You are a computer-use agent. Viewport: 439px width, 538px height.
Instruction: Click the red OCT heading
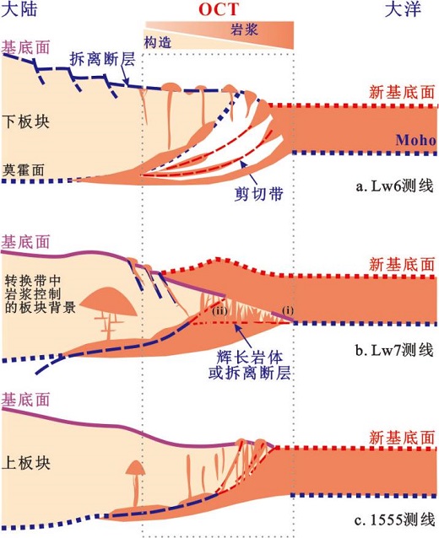[219, 9]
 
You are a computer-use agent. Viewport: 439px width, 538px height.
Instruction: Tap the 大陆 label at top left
[19, 9]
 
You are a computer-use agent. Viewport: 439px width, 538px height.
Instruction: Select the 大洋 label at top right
[403, 9]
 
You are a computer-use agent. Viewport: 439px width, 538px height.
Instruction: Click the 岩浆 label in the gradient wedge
[244, 30]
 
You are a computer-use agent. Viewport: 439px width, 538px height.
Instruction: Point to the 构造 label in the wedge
[158, 42]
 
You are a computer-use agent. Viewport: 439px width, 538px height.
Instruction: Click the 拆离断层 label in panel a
[102, 59]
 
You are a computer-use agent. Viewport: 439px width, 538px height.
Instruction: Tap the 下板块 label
[26, 121]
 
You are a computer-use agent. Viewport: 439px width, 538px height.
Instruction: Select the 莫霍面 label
[24, 169]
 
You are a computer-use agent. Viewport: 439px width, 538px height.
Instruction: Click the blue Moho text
[416, 140]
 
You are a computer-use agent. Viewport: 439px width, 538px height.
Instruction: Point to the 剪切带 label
[258, 194]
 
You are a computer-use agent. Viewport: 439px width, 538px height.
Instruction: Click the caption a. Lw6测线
[394, 186]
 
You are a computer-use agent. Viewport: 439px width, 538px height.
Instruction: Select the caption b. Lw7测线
[394, 351]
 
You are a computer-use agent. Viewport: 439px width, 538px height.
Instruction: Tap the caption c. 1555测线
[395, 520]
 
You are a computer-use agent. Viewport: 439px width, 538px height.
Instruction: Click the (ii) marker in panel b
[219, 311]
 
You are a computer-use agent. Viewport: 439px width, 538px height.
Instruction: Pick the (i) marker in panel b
[288, 310]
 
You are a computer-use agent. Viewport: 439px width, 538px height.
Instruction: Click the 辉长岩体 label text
[250, 358]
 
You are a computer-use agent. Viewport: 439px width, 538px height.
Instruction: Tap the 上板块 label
[26, 463]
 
